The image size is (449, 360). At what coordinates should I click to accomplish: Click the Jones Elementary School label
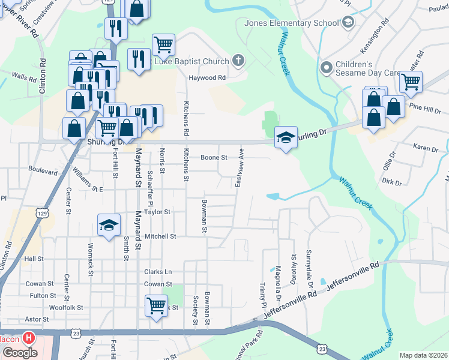[292, 23]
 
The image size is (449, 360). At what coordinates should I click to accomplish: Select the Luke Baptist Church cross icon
[238, 61]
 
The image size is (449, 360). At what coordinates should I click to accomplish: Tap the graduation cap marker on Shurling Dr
[286, 137]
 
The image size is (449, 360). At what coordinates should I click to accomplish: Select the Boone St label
[213, 157]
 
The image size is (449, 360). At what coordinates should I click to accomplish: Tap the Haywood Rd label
[207, 78]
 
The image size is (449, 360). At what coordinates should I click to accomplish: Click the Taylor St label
[157, 212]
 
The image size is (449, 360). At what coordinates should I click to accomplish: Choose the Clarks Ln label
[158, 272]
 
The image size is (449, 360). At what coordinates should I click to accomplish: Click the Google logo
[20, 353]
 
